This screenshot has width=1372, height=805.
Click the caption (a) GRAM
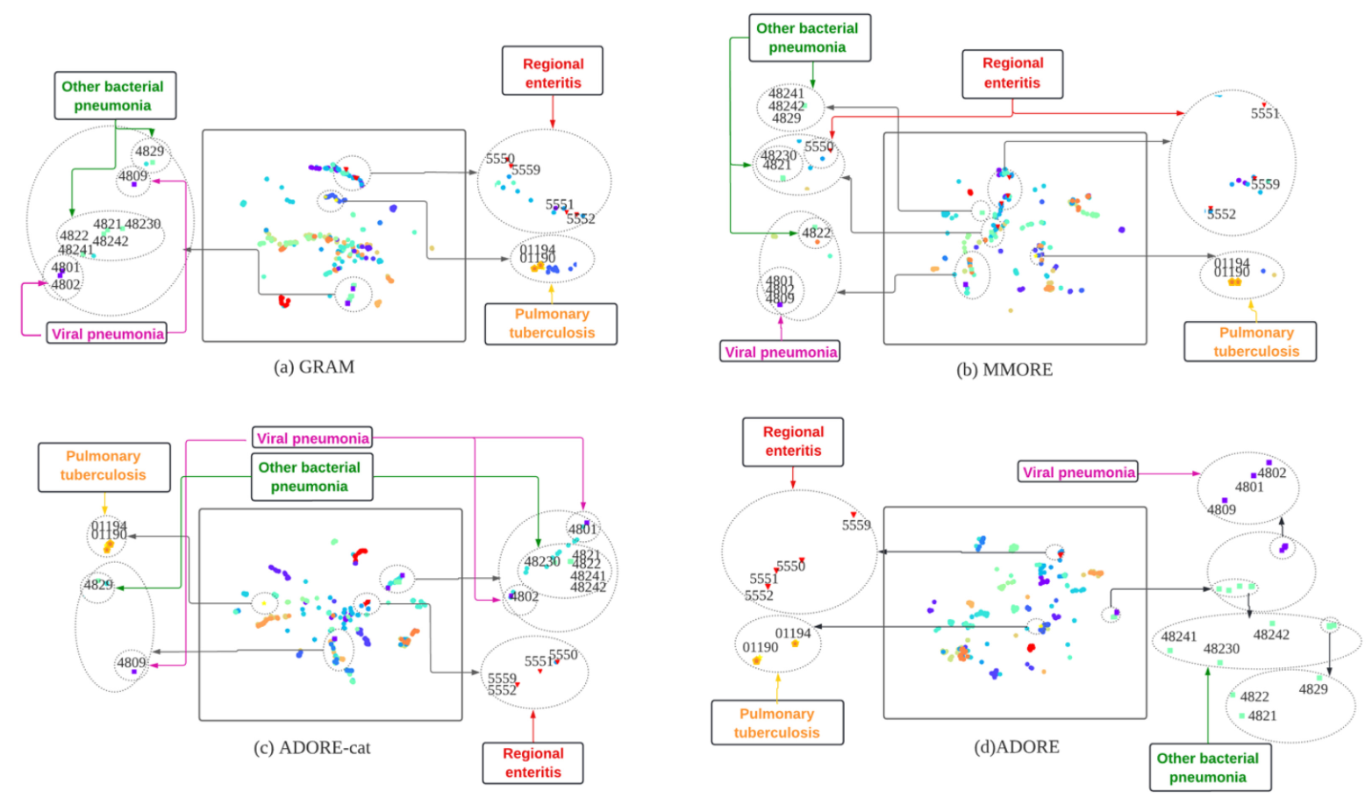pyautogui.click(x=314, y=367)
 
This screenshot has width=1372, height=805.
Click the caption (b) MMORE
pyautogui.click(x=1004, y=369)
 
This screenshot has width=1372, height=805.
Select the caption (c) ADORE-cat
pyautogui.click(x=311, y=747)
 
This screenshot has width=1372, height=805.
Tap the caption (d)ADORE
pyautogui.click(x=1016, y=746)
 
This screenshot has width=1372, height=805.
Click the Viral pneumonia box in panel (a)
pyautogui.click(x=107, y=333)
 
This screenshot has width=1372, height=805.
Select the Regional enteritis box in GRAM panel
pyautogui.click(x=553, y=73)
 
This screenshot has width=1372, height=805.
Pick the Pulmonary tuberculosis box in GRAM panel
pyautogui.click(x=551, y=324)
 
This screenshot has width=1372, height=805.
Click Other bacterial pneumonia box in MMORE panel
pyautogui.click(x=808, y=38)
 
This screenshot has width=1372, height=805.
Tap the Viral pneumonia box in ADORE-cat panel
pyautogui.click(x=312, y=438)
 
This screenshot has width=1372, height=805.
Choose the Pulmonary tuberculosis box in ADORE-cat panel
pyautogui.click(x=104, y=466)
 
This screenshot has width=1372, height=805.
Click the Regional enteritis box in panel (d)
pyautogui.click(x=793, y=441)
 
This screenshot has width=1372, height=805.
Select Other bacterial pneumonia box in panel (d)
pyautogui.click(x=1208, y=767)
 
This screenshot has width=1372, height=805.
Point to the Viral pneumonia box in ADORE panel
pyautogui.click(x=1078, y=472)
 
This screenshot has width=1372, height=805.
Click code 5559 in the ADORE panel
pyautogui.click(x=856, y=525)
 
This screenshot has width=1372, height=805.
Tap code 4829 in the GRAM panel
pyautogui.click(x=149, y=151)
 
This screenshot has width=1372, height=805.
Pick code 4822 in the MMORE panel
pyautogui.click(x=816, y=232)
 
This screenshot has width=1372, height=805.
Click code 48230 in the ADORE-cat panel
pyautogui.click(x=542, y=561)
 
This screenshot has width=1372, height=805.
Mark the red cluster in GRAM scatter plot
pyautogui.click(x=284, y=301)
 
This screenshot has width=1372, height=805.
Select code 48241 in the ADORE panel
pyautogui.click(x=1178, y=637)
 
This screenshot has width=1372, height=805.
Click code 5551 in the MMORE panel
pyautogui.click(x=1264, y=114)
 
